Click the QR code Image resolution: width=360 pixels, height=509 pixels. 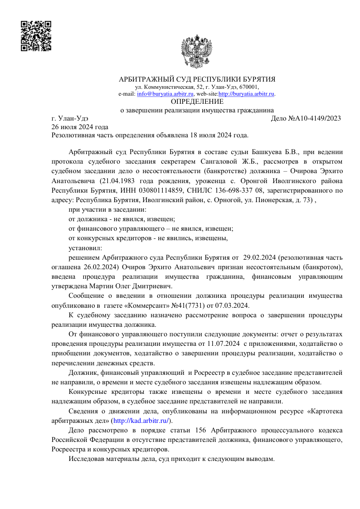pyautogui.click(x=36, y=36)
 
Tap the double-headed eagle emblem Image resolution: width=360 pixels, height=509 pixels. pyautogui.click(x=196, y=51)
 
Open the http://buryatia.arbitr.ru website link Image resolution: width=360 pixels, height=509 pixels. pyautogui.click(x=247, y=94)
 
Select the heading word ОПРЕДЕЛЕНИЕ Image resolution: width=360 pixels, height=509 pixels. pyautogui.click(x=197, y=102)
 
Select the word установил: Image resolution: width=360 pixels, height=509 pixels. pyautogui.click(x=85, y=248)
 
